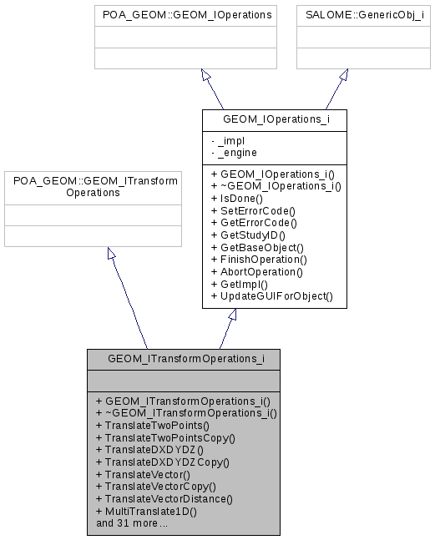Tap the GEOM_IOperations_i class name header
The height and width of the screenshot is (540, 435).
(274, 120)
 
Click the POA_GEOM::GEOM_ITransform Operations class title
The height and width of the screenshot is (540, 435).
(93, 186)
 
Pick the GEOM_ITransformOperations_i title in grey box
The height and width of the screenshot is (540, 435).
(183, 359)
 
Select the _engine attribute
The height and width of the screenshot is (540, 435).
(239, 153)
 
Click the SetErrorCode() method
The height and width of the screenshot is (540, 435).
(254, 211)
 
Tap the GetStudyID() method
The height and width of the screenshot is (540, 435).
(250, 235)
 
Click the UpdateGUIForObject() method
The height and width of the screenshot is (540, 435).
(271, 296)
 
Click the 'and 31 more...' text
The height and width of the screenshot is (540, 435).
(132, 523)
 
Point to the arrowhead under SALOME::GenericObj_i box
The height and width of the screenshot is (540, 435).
(343, 75)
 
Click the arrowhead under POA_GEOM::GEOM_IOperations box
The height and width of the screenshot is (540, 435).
(205, 75)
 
